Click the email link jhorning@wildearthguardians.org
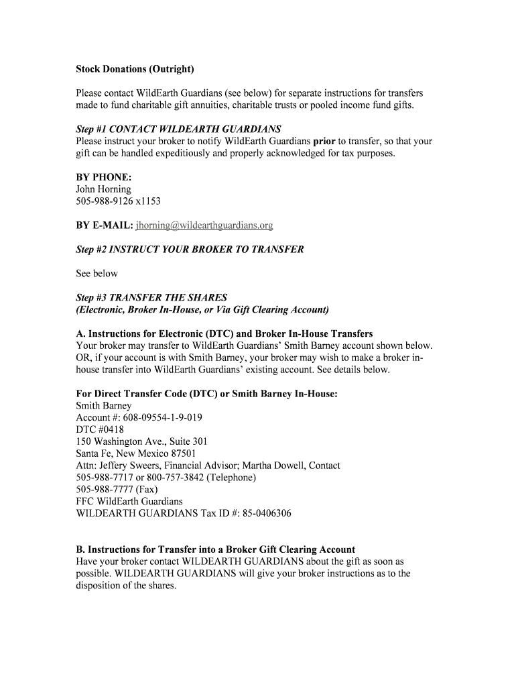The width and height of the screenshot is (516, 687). tap(204, 225)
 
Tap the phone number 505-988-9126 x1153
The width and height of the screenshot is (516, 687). tap(119, 201)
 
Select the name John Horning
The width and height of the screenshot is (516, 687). tap(104, 189)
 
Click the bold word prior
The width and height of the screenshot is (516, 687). tap(324, 141)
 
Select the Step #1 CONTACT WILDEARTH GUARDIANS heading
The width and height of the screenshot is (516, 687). tap(179, 129)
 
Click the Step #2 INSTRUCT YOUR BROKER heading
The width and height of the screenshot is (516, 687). tap(190, 250)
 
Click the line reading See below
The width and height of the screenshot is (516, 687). tap(97, 274)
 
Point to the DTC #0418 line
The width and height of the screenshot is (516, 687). tap(100, 429)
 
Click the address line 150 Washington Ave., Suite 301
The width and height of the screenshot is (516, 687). tap(142, 441)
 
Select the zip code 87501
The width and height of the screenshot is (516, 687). tap(182, 454)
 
